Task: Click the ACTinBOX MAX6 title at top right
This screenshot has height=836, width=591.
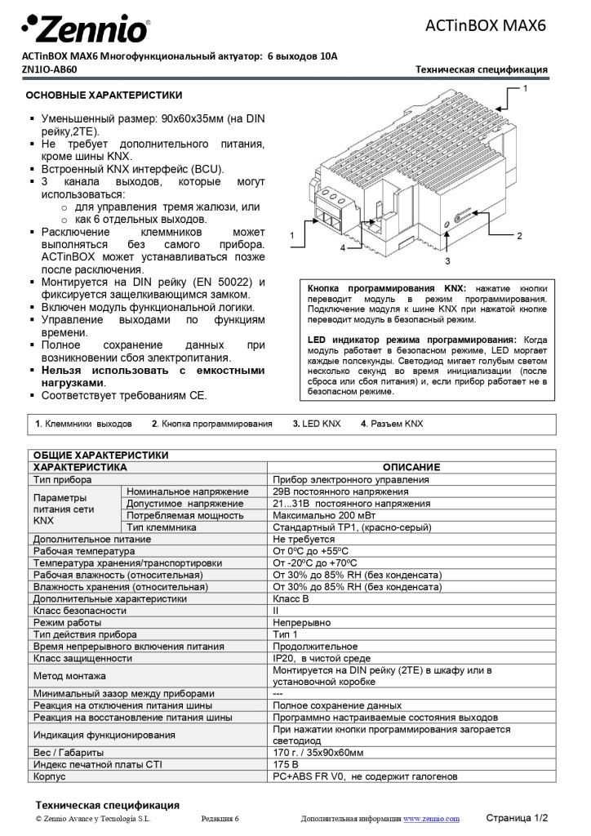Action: tap(485, 25)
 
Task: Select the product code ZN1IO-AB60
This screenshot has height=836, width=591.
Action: tap(49, 69)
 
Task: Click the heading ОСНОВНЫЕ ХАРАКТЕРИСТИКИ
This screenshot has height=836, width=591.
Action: tap(104, 96)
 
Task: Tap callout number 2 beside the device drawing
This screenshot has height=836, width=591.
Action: tap(518, 236)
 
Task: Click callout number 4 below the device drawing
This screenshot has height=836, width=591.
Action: tap(343, 247)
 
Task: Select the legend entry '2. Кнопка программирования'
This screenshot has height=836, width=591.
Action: tap(211, 424)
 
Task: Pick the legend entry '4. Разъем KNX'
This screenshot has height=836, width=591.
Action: tap(392, 424)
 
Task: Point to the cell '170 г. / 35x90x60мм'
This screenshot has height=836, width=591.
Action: tap(318, 752)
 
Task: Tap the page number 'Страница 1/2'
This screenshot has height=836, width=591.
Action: tap(517, 817)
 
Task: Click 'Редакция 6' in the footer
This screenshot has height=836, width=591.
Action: tap(220, 818)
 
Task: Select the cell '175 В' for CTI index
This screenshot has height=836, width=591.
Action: tap(286, 764)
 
